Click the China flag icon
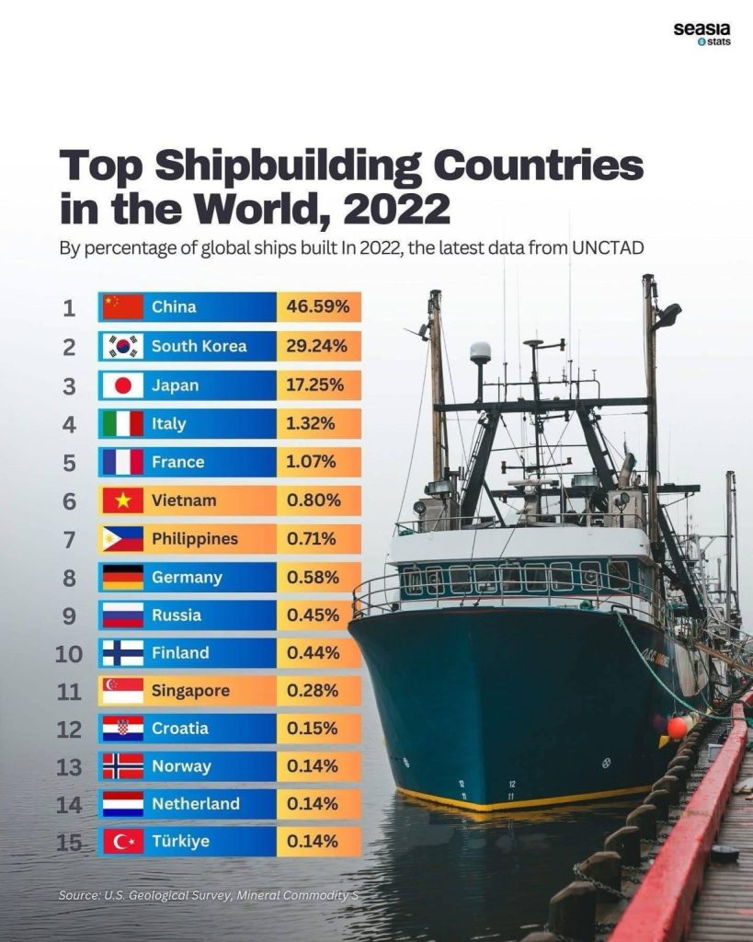click(122, 307)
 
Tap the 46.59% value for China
click(318, 307)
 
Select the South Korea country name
click(199, 346)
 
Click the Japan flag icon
click(122, 385)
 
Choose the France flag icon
click(122, 462)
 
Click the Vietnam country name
click(184, 500)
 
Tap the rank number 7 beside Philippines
click(69, 539)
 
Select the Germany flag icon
click(122, 578)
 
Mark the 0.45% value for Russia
click(314, 615)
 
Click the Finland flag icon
click(122, 654)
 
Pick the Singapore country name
click(190, 691)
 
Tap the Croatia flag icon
click(122, 729)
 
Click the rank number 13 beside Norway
click(69, 766)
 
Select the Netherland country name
click(195, 804)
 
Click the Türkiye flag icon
click(122, 842)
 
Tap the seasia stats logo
click(702, 34)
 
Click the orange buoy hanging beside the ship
click(678, 727)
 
